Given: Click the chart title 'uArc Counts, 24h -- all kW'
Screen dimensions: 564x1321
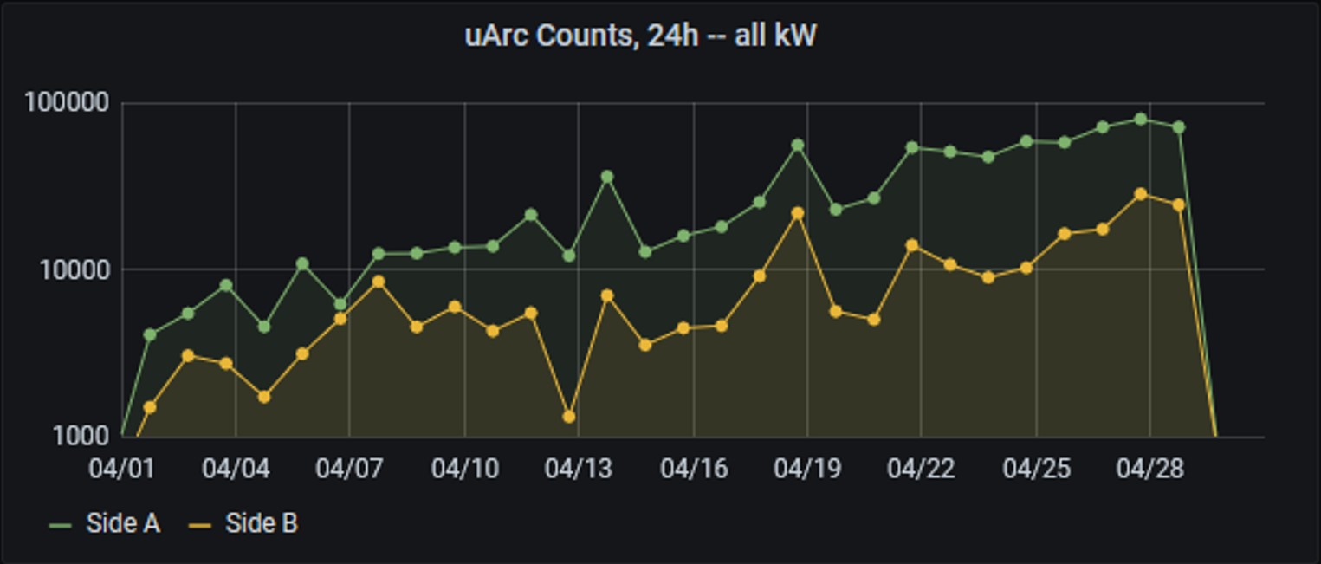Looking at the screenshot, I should click(x=640, y=36).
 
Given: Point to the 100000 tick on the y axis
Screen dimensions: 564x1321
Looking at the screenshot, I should click(x=68, y=103).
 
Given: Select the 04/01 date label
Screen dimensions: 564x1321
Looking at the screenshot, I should click(x=122, y=469).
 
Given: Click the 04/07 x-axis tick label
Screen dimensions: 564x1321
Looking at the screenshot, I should click(x=349, y=469).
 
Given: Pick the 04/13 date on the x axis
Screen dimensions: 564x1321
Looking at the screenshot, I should click(x=578, y=469).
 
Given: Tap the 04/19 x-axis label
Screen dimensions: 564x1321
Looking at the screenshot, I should click(x=806, y=469).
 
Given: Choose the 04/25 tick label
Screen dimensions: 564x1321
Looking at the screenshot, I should click(x=1036, y=469).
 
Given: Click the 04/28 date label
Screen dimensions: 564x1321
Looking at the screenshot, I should click(x=1149, y=469).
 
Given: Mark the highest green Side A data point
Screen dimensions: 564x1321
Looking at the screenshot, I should click(x=1141, y=120).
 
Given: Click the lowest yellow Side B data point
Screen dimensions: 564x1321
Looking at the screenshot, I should click(x=569, y=417).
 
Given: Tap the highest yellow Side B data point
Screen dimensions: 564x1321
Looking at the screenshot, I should click(x=1141, y=194).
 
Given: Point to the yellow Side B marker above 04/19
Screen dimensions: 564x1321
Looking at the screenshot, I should click(x=798, y=213).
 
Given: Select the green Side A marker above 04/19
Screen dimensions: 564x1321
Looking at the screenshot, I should click(x=798, y=146).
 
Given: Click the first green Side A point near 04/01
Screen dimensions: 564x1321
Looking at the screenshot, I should click(x=150, y=334).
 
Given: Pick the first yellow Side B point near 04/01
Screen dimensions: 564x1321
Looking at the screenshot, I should click(x=150, y=407).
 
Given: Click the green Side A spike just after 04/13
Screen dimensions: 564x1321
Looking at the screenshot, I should click(x=607, y=177).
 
